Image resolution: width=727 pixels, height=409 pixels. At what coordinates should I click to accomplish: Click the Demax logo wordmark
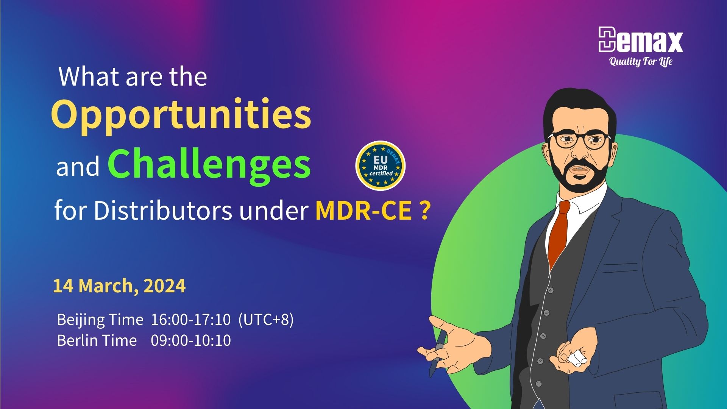pos(641,39)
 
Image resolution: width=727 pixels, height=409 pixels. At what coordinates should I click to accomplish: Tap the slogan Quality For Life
pos(641,61)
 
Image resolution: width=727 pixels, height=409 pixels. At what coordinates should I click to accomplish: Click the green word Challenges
pos(209,165)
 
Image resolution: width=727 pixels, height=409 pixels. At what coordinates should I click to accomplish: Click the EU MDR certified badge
pos(381,165)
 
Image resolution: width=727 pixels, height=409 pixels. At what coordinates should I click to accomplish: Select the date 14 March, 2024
pos(119,286)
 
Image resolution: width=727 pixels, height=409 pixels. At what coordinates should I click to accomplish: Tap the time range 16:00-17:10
pos(191,320)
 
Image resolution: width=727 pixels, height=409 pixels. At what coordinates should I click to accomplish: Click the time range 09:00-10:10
pos(191,340)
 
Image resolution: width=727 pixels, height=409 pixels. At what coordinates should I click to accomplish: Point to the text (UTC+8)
pos(266,320)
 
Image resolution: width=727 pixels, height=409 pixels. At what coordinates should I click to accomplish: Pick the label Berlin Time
pos(97,340)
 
